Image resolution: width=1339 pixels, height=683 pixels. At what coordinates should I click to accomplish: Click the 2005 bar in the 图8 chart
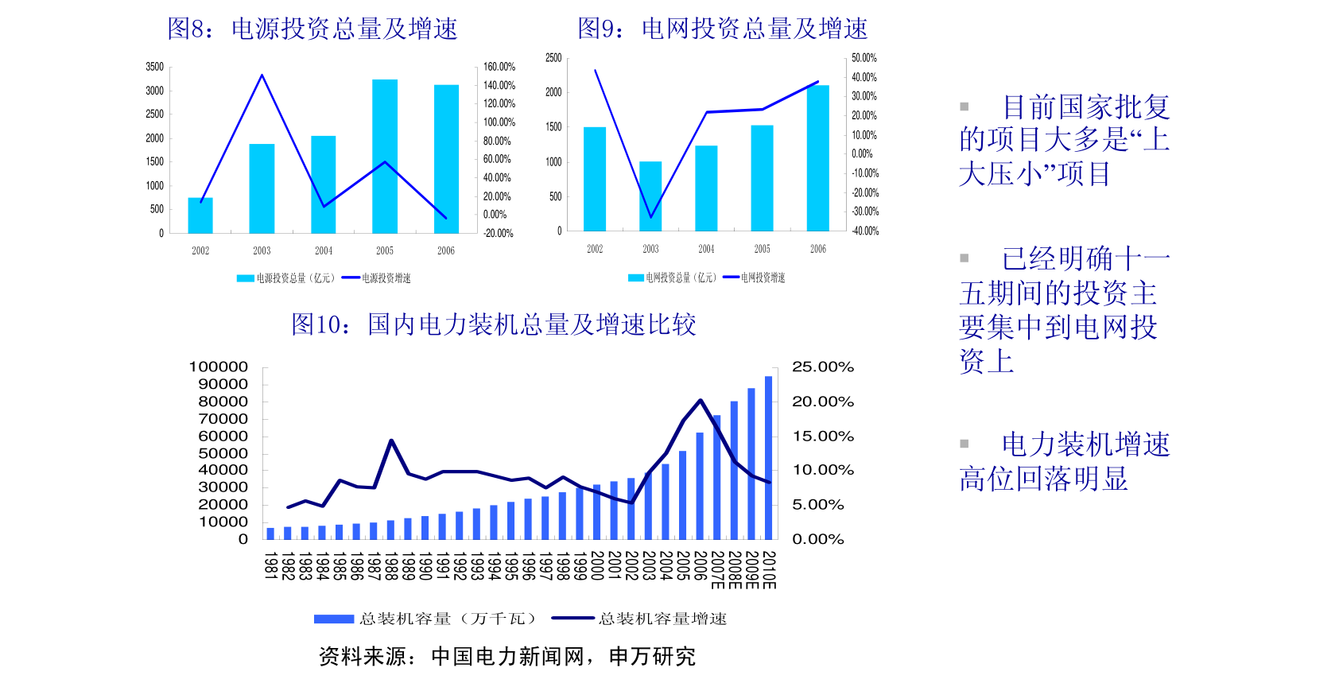384,157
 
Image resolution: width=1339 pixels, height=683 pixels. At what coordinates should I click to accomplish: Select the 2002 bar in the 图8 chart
200,215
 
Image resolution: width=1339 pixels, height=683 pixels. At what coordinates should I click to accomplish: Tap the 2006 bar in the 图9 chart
817,158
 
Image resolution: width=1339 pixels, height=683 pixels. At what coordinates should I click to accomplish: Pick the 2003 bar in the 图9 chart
650,196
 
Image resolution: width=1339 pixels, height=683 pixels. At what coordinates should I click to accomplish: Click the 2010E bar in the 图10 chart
769,458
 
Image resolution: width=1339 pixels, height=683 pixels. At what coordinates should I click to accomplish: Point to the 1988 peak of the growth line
391,440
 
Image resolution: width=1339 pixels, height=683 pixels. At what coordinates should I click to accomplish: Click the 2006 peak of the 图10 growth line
701,400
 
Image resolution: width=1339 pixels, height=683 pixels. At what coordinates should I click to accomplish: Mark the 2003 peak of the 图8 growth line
262,75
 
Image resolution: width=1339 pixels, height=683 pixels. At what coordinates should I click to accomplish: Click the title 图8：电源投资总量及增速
312,29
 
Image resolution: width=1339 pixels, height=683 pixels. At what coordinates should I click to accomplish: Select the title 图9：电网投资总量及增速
722,29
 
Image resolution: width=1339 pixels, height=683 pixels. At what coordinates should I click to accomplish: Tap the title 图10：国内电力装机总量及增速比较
494,324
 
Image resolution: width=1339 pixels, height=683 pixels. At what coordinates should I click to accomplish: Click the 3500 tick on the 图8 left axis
155,67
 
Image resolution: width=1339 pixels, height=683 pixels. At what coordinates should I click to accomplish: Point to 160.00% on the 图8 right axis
499,67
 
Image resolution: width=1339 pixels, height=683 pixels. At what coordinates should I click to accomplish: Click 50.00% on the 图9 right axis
864,58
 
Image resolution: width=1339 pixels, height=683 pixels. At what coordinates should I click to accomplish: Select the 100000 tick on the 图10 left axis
218,367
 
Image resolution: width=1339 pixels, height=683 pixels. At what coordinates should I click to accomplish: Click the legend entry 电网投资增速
755,277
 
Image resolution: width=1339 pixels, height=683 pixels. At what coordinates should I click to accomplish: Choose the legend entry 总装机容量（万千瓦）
425,619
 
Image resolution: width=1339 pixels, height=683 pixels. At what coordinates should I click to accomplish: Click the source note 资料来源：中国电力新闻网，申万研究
507,657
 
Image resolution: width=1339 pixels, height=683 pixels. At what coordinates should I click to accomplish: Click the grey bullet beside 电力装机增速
964,444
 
